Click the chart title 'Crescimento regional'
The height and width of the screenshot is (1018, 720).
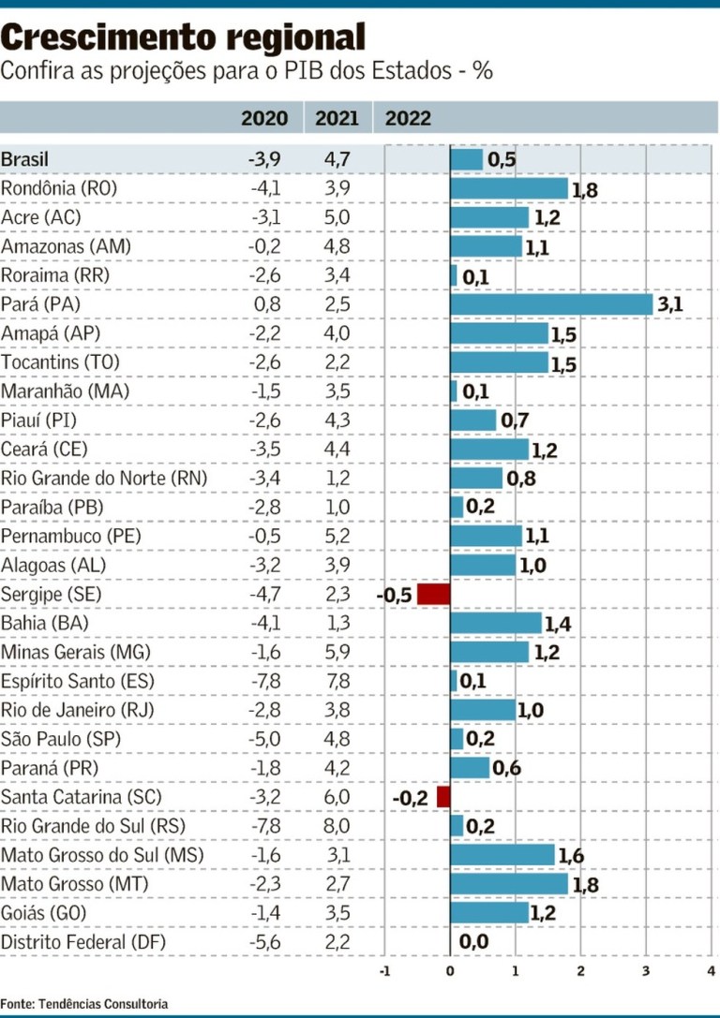tap(183, 37)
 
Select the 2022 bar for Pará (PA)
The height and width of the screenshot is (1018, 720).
tap(551, 304)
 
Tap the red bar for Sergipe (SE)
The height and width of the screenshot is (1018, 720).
tap(434, 594)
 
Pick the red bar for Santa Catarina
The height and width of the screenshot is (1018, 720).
tap(443, 797)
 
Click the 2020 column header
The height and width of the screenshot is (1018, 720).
tap(264, 118)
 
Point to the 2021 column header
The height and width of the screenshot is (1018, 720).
tap(337, 118)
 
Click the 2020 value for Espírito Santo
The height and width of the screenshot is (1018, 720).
tap(265, 681)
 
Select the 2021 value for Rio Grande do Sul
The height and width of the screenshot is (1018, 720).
tap(337, 826)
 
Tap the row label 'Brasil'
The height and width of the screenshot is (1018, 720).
tap(25, 159)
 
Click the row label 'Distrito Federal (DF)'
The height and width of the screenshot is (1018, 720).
tap(83, 942)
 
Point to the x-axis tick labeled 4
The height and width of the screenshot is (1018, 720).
tap(711, 971)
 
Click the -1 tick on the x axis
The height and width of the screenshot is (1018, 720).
tap(383, 971)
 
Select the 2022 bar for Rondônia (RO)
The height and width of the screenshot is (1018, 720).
tap(509, 188)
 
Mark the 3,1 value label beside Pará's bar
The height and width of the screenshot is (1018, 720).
tap(669, 306)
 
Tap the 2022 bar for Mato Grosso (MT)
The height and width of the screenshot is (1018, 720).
tap(509, 884)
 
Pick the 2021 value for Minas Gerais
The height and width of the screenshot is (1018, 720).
tap(337, 652)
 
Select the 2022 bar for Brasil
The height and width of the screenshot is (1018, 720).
tap(467, 159)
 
